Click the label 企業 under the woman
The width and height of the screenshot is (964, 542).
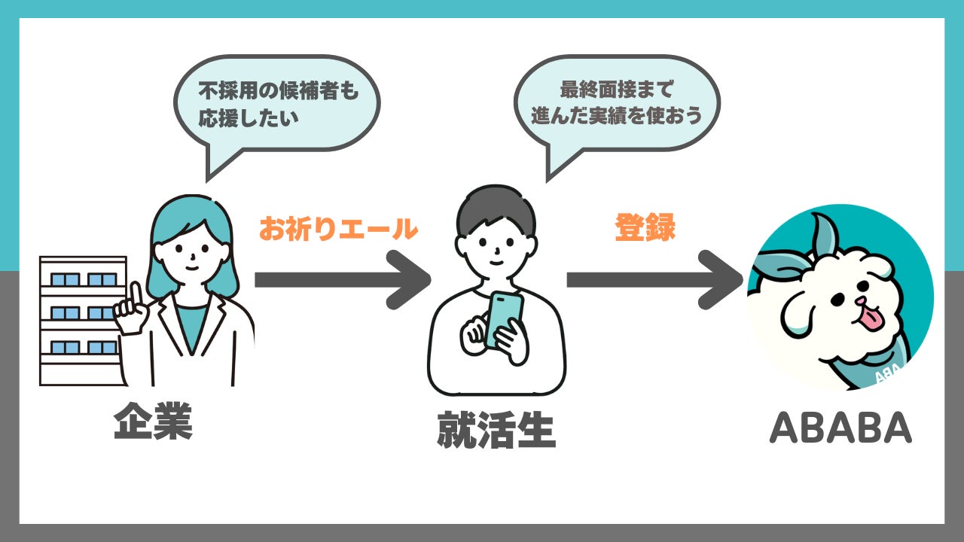tap(154, 423)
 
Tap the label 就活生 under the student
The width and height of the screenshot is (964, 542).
tap(496, 431)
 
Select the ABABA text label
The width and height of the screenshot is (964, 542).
tap(840, 428)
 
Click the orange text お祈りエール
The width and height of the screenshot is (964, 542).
tap(338, 229)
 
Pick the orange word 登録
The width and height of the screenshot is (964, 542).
tap(645, 229)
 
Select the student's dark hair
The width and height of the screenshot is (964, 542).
tap(496, 211)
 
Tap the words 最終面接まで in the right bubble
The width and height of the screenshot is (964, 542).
tap(616, 90)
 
